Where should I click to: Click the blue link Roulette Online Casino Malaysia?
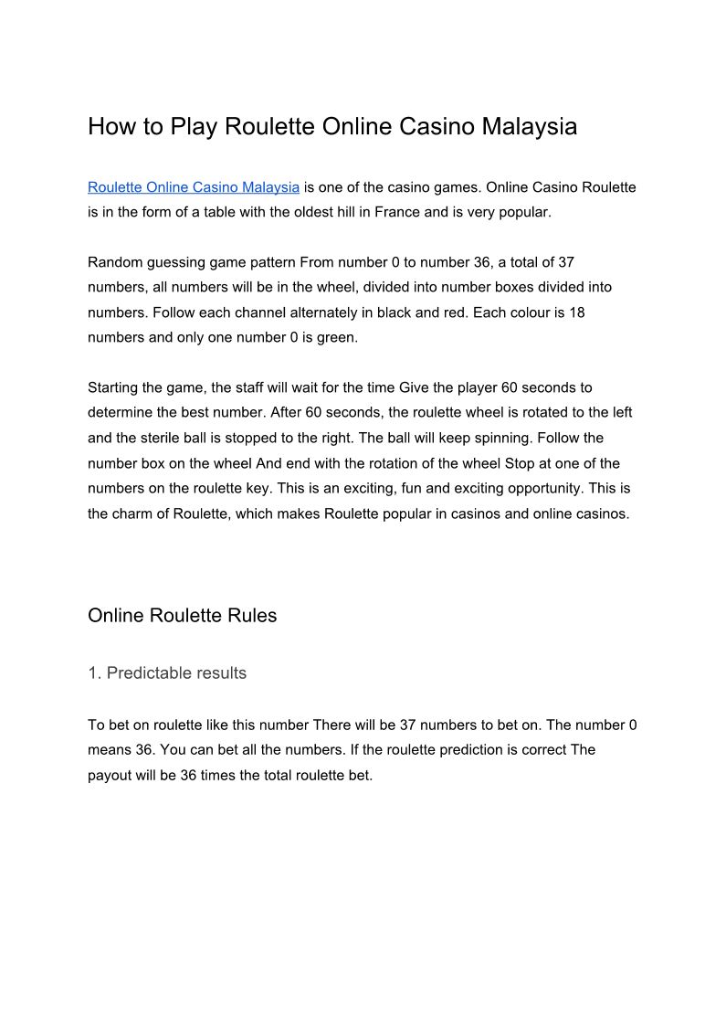194,187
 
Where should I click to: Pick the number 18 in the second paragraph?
576,312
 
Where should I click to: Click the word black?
394,312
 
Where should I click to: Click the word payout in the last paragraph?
111,775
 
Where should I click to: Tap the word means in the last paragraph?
110,750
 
